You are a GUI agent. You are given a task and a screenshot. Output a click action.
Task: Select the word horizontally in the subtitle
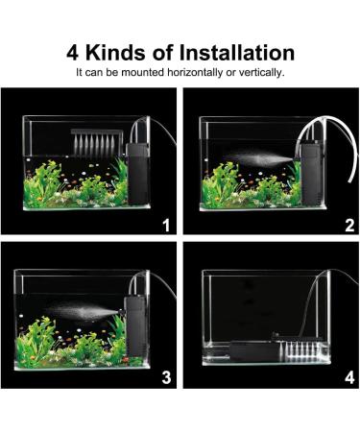pos(197,72)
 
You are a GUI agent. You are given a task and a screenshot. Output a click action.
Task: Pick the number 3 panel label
pos(165,376)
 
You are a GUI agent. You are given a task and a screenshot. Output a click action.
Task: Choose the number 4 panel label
pos(348,376)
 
